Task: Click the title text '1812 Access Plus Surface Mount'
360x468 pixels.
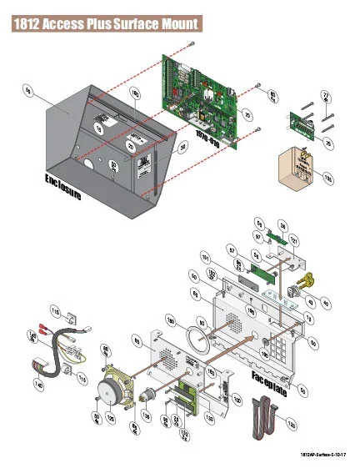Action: [x=106, y=25]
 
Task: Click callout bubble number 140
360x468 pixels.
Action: [x=38, y=385]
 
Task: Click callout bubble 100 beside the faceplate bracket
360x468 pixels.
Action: [x=237, y=400]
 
